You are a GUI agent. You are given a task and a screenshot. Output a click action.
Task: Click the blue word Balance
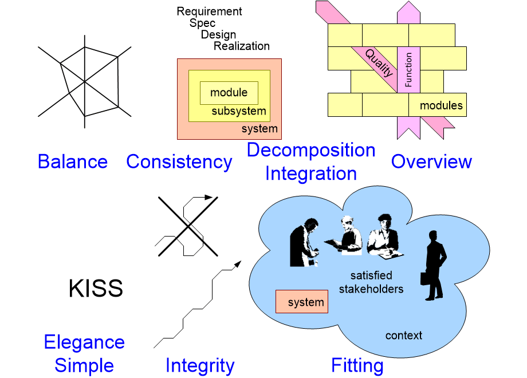click(x=73, y=162)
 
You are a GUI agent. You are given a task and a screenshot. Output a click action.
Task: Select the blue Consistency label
click(x=179, y=162)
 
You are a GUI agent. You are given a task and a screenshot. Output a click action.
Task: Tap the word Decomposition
click(x=311, y=151)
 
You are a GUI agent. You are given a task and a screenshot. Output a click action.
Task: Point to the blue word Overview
click(x=431, y=162)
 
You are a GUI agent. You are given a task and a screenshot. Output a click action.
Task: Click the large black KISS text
click(x=96, y=289)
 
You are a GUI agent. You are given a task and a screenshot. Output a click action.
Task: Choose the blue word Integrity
click(x=200, y=365)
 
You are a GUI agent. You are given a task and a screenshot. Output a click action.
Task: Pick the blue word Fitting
click(x=357, y=365)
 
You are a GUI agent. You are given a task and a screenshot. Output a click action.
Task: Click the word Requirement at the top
click(x=210, y=11)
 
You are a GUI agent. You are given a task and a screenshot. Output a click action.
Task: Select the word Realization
click(x=242, y=46)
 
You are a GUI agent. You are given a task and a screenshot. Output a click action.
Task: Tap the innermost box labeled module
click(x=229, y=93)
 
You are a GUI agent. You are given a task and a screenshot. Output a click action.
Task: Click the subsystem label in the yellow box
click(x=239, y=111)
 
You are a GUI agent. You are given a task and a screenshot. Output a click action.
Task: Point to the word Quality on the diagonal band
click(x=379, y=63)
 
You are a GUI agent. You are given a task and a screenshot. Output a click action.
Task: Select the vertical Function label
click(x=408, y=70)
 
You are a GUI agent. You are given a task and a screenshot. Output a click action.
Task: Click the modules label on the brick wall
click(x=441, y=105)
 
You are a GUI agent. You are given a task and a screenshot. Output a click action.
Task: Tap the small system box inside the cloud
click(x=302, y=302)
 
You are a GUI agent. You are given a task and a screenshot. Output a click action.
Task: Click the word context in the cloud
click(x=403, y=336)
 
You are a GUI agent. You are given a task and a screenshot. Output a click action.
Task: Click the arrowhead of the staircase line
click(x=237, y=264)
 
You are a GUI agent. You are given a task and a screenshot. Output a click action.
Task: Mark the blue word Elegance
click(x=84, y=342)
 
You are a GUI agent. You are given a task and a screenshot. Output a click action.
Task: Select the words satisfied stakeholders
click(x=371, y=282)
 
